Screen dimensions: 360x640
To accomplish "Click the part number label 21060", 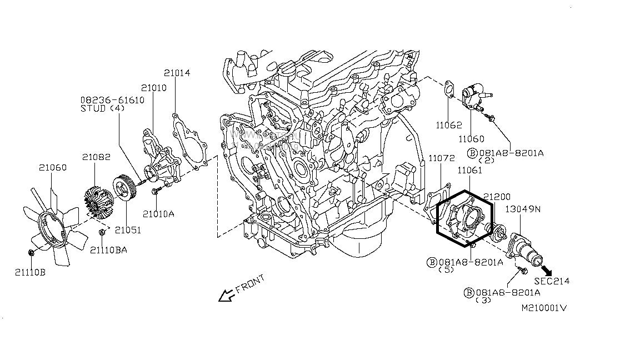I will (52, 167).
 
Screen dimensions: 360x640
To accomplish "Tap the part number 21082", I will (98, 158).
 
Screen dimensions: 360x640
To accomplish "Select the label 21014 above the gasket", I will (177, 73).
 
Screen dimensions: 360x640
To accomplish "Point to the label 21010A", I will (158, 213).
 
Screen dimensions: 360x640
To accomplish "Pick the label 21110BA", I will (109, 250).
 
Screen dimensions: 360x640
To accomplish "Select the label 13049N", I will (522, 209).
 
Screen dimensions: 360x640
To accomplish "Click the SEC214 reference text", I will (552, 281).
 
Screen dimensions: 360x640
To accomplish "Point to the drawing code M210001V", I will (543, 307).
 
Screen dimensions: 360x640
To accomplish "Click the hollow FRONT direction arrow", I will (226, 296).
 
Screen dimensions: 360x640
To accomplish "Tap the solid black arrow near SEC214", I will (548, 270).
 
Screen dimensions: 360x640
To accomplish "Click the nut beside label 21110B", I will (31, 254).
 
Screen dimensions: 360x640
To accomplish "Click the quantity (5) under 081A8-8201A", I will (447, 270).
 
